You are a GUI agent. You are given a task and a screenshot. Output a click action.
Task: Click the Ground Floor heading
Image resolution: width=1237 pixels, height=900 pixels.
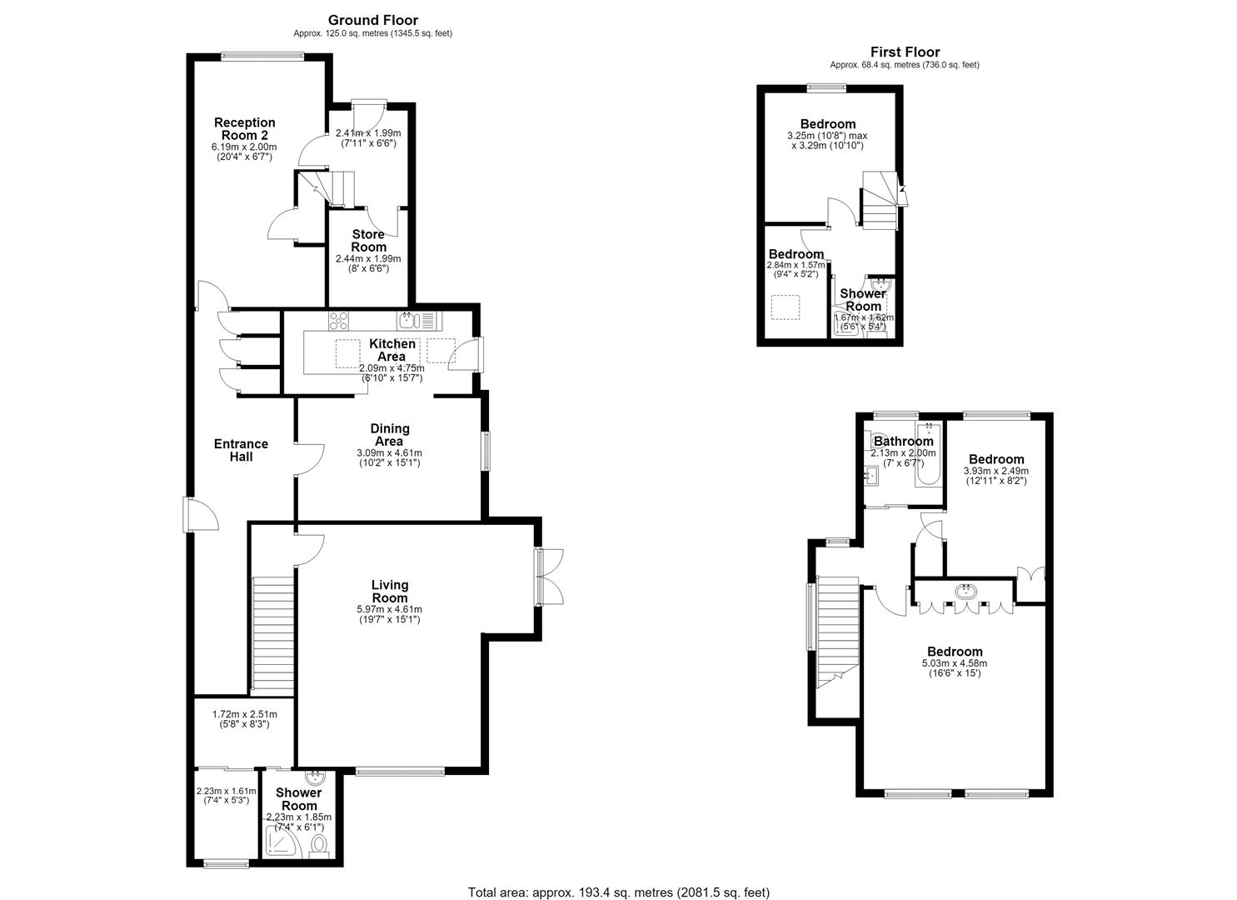(372, 21)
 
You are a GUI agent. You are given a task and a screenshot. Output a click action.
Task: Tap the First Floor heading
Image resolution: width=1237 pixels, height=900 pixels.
(905, 52)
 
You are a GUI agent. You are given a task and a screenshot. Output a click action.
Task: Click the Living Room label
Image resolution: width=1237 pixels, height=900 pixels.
(389, 591)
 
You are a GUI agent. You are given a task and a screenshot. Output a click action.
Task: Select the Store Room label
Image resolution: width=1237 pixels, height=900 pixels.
(368, 241)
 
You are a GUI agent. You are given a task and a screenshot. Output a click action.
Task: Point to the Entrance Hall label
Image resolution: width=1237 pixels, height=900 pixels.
(241, 450)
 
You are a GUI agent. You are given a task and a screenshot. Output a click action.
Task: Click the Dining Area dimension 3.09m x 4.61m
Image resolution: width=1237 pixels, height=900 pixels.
(389, 453)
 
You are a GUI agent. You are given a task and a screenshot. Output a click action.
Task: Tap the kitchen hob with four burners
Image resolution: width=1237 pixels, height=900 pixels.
(338, 321)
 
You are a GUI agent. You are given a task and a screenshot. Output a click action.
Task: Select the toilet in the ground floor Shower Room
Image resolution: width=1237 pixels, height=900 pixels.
(319, 844)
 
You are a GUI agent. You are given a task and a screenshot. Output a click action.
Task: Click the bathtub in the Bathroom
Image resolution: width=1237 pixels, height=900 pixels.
(928, 455)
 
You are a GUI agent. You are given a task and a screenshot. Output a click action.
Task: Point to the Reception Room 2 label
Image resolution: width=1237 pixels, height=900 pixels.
(244, 128)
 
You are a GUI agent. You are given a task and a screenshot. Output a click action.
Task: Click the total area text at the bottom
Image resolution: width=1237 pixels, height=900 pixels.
(618, 877)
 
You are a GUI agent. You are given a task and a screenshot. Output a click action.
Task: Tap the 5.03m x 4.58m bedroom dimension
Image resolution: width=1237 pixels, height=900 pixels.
(955, 663)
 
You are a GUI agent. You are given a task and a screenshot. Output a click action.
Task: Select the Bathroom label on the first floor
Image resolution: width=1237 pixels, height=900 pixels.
(904, 442)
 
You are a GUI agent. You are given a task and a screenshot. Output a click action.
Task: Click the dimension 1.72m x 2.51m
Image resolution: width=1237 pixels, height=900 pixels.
(245, 714)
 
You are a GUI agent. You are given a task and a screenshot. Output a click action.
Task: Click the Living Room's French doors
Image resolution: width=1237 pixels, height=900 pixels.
(549, 577)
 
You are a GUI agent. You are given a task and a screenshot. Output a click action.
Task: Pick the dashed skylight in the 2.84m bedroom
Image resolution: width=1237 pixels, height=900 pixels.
(786, 307)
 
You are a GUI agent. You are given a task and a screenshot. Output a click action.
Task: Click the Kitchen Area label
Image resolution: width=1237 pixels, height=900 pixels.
(392, 350)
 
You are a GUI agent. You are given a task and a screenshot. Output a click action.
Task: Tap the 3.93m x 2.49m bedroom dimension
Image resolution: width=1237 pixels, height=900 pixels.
(995, 471)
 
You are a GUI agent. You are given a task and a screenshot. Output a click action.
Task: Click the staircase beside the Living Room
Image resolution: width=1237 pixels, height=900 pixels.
(272, 633)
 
